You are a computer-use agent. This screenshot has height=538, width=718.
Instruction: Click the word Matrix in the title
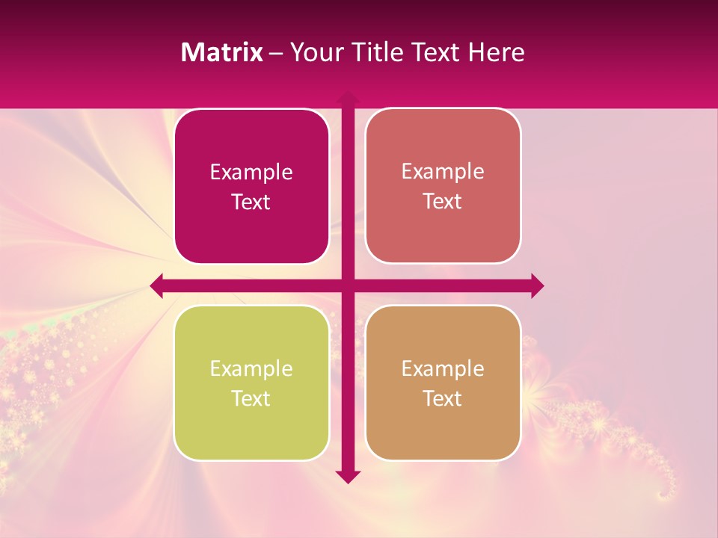point(221,52)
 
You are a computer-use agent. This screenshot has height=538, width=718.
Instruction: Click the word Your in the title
point(316,52)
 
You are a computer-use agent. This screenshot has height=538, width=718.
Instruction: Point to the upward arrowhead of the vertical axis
point(348,98)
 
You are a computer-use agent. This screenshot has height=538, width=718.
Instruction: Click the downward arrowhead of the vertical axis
point(348,476)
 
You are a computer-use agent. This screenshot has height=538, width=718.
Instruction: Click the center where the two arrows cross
point(348,285)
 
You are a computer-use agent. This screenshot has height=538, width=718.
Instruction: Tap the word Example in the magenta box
point(251,172)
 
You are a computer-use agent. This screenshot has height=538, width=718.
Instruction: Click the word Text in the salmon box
point(443,202)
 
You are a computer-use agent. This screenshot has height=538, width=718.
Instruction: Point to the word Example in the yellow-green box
point(251,368)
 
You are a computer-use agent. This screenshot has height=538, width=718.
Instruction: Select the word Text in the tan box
point(443,398)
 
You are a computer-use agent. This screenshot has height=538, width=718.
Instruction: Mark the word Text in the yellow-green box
point(251,398)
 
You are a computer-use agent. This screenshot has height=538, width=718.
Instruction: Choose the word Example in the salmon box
point(443,171)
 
